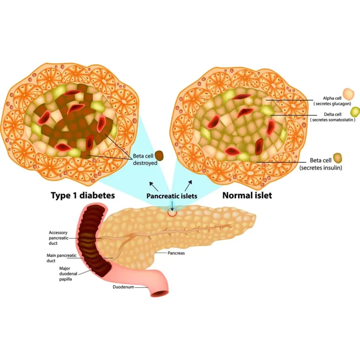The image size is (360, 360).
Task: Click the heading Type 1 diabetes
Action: pyautogui.click(x=82, y=195)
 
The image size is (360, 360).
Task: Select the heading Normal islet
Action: pyautogui.click(x=247, y=195)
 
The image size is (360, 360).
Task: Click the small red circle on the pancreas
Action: pyautogui.click(x=173, y=212)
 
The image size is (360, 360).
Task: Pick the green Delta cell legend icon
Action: pyautogui.click(x=355, y=112)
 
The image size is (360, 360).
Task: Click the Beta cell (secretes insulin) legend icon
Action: pyautogui.click(x=337, y=157)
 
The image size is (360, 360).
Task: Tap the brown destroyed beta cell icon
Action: pyautogui.click(x=159, y=155)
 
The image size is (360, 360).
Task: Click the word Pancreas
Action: pyautogui.click(x=177, y=253)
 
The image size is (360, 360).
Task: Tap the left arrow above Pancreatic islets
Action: pyautogui.click(x=154, y=183)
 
